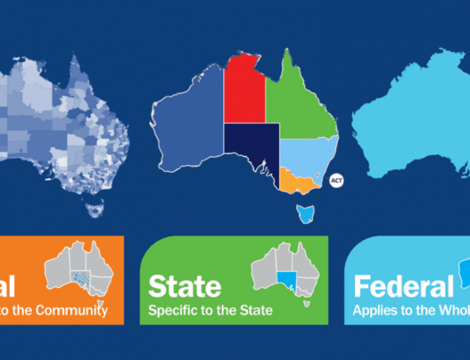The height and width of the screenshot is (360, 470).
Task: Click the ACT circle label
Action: pos(337,181)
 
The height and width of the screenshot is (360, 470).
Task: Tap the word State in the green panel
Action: pos(184,287)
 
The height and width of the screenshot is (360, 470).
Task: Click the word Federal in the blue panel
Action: pos(403,287)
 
